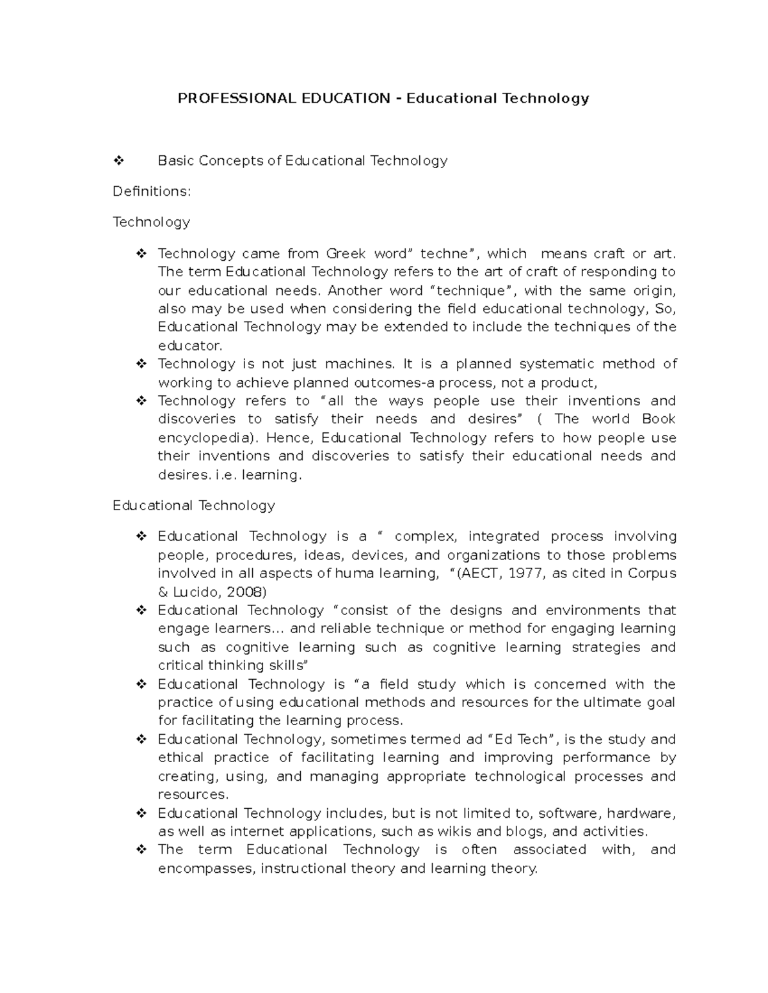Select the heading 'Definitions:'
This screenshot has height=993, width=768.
point(152,191)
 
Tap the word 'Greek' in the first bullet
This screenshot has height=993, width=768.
point(346,253)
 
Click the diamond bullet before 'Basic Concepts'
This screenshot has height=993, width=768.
point(118,160)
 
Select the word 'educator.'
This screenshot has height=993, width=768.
point(190,346)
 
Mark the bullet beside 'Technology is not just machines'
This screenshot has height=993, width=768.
point(141,364)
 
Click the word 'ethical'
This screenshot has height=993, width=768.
point(181,758)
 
